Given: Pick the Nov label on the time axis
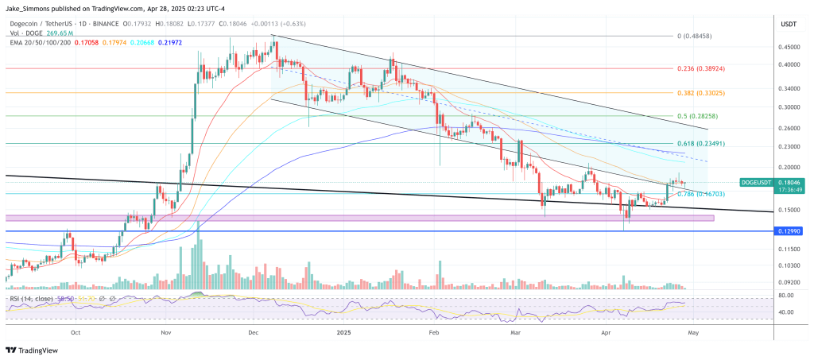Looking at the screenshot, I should [x=166, y=333].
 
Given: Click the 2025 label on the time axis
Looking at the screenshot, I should [x=344, y=333].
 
